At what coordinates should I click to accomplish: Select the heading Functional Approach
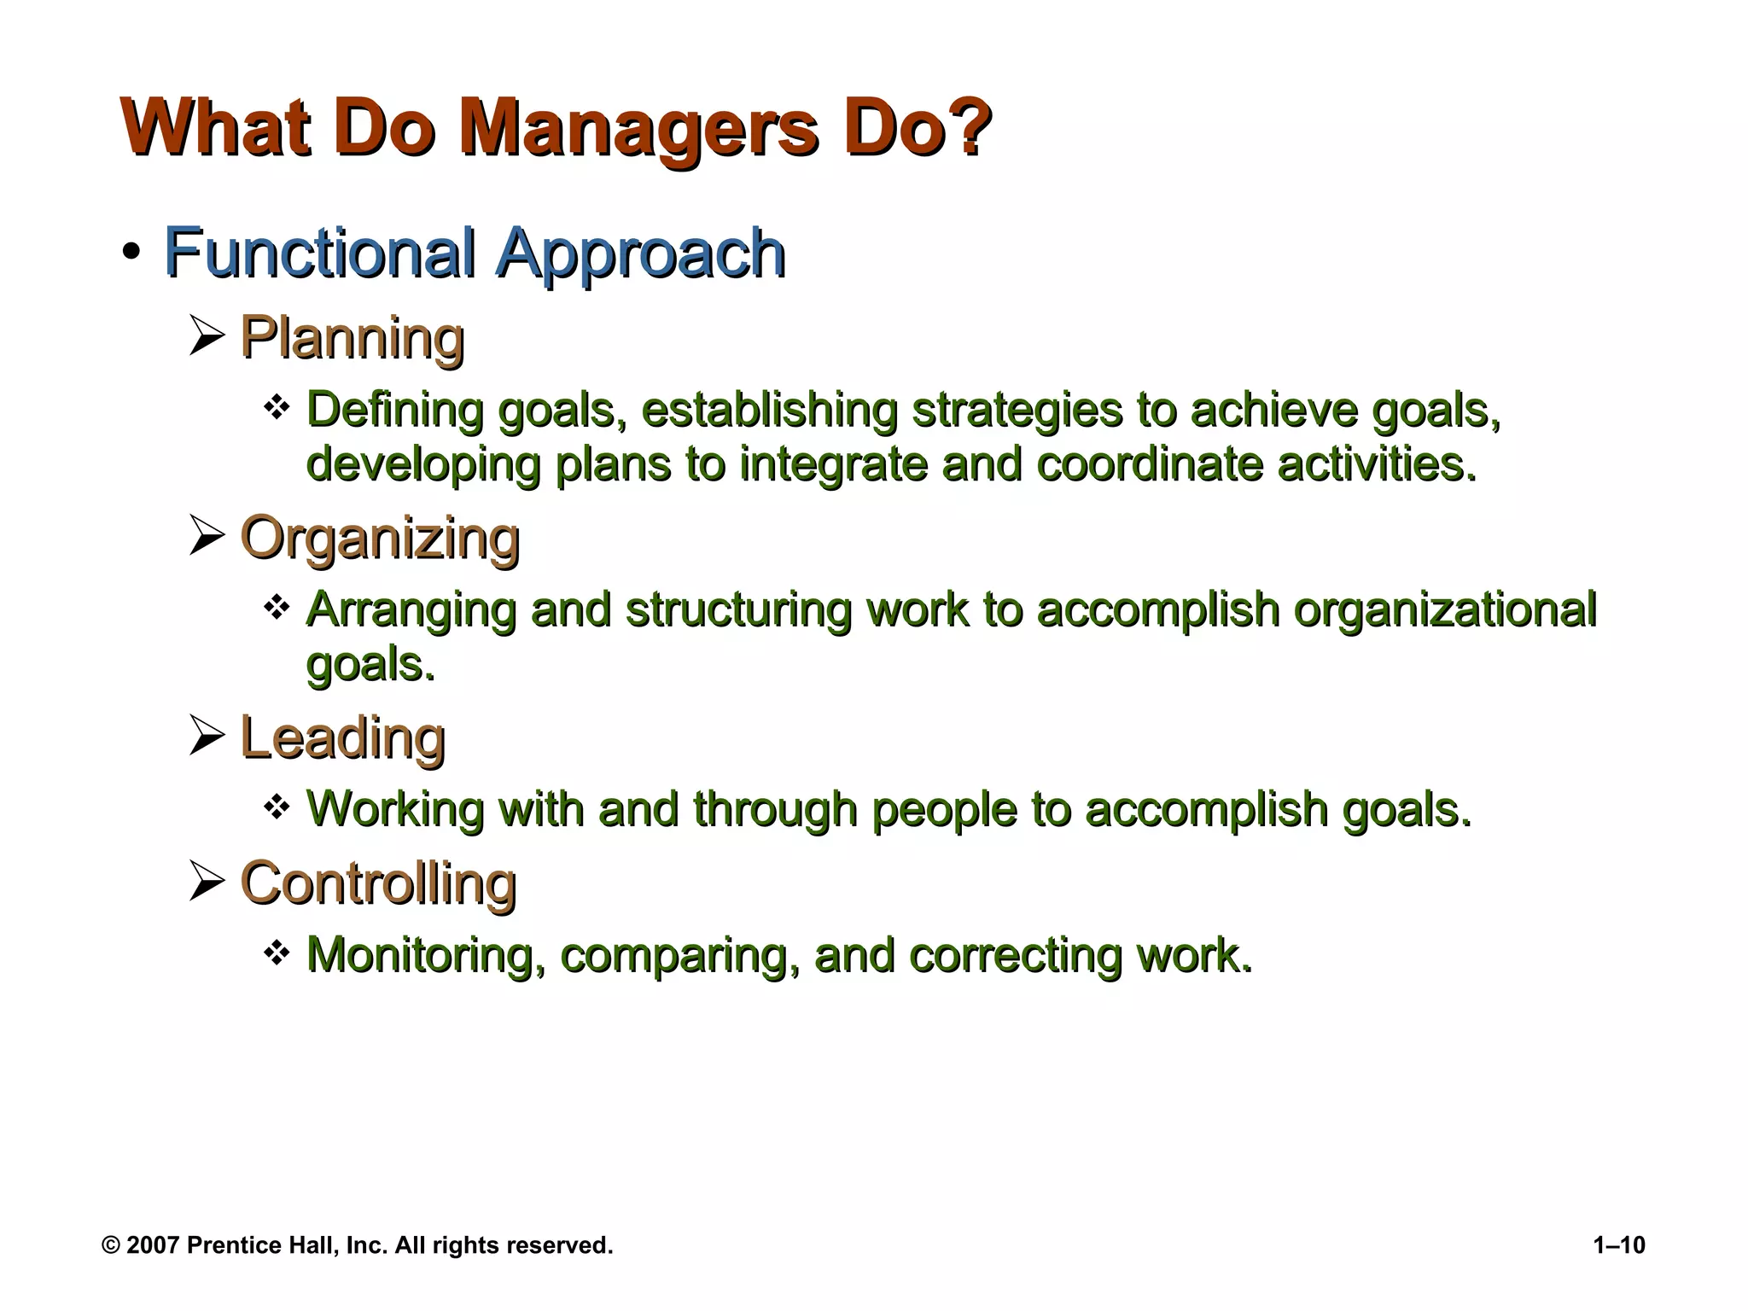pos(474,253)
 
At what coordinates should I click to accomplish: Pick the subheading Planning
pos(352,338)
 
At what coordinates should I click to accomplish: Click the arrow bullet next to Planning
pos(206,335)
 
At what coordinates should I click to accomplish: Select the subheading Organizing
pos(380,539)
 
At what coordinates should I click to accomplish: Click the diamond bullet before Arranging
pos(276,609)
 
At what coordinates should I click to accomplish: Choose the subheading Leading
pos(342,737)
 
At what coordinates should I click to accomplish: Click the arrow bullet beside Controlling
pos(206,882)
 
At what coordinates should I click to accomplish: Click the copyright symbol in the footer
pos(110,1245)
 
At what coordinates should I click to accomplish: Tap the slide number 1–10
pos(1618,1245)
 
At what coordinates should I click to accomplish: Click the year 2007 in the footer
pos(153,1245)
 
